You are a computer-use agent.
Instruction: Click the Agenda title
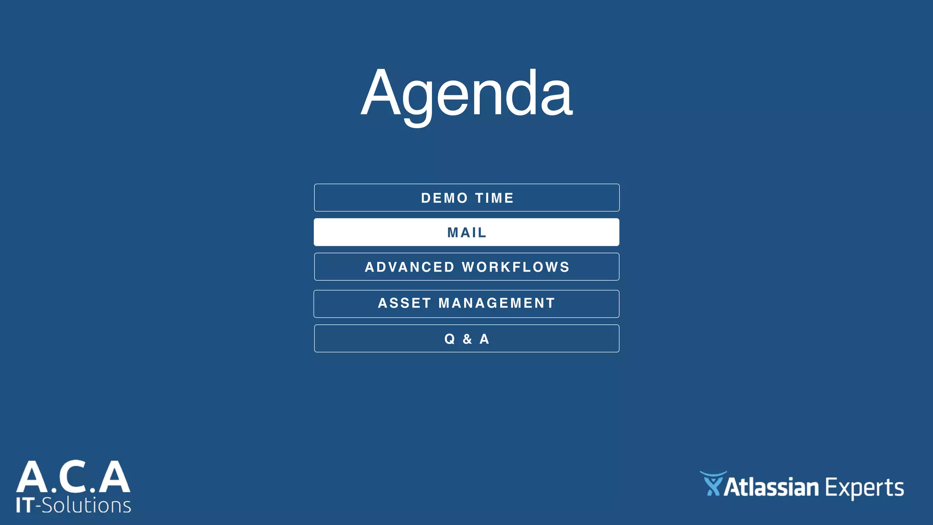tap(466, 93)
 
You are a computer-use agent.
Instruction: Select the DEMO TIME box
tap(466, 198)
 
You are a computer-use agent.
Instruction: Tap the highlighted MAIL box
tap(466, 232)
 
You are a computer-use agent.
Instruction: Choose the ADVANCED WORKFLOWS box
tap(466, 267)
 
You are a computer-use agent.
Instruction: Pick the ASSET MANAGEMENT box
tap(466, 304)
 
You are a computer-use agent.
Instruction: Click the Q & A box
tap(466, 339)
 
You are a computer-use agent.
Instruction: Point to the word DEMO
tap(444, 198)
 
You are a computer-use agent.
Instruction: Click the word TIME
tap(494, 198)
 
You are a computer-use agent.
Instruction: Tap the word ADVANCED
tap(409, 267)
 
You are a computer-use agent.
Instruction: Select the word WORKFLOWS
tap(516, 267)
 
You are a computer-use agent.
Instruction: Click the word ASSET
tap(404, 303)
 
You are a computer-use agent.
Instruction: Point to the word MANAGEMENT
tap(497, 303)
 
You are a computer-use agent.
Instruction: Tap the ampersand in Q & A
tap(467, 339)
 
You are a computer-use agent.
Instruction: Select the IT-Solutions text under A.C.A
tap(73, 505)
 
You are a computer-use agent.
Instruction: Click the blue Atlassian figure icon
tap(713, 484)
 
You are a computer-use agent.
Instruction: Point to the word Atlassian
tap(771, 487)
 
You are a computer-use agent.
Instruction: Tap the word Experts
tap(864, 488)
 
